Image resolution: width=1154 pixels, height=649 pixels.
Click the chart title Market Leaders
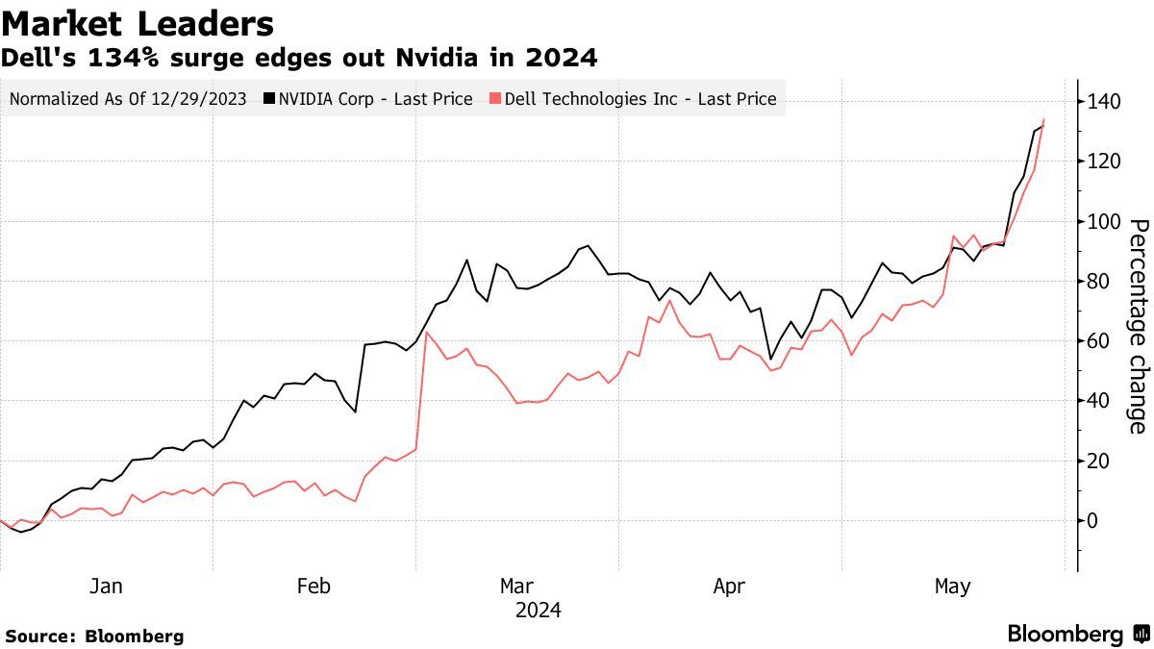click(138, 22)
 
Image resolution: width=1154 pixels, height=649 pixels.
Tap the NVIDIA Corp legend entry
click(368, 98)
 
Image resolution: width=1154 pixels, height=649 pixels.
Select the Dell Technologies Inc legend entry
click(633, 98)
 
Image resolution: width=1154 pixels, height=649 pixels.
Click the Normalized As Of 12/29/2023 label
click(128, 98)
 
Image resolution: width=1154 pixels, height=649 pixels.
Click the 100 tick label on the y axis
click(1105, 221)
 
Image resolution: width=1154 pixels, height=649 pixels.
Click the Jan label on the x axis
click(105, 586)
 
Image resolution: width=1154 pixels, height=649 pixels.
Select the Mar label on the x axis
click(516, 586)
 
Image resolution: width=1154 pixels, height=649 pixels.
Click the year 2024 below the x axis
click(538, 610)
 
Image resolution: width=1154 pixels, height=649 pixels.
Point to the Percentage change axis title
click(1138, 326)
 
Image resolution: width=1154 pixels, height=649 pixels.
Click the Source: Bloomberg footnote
click(94, 636)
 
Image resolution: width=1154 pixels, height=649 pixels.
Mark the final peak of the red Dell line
click(1043, 119)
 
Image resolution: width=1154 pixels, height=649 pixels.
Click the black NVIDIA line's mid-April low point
click(770, 359)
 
